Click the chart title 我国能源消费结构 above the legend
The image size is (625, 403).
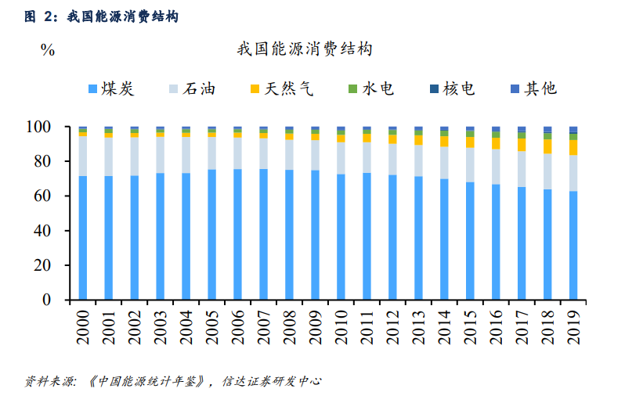point(304,49)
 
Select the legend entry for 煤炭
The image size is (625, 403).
point(112,88)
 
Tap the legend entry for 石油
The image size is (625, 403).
point(191,88)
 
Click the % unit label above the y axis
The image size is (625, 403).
point(48,50)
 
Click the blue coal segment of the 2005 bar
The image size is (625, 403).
point(211,235)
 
